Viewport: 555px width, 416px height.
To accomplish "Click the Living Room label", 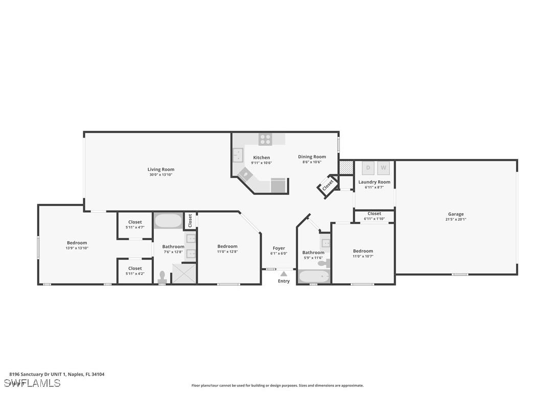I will [x=161, y=169].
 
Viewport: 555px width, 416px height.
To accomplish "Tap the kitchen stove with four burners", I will [x=265, y=138].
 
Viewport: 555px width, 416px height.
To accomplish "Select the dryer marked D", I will [x=368, y=168].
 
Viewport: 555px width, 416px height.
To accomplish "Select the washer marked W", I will [x=384, y=168].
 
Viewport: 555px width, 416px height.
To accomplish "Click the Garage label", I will [x=456, y=214].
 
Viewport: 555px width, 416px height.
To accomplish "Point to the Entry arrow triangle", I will [x=284, y=274].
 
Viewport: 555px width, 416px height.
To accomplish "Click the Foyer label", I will [x=279, y=248].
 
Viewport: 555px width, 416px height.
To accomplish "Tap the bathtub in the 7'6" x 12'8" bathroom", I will [x=168, y=221].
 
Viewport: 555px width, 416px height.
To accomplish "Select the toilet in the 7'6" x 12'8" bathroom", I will [x=163, y=276].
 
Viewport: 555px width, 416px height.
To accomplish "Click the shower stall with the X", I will [x=184, y=273].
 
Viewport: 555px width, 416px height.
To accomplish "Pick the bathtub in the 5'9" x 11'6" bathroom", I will [x=314, y=276].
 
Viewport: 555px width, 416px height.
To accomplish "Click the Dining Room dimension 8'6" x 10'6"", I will [x=312, y=163].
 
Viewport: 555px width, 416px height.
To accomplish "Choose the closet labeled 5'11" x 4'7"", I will [x=135, y=225].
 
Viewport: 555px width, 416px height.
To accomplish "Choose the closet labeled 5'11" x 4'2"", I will [x=135, y=271].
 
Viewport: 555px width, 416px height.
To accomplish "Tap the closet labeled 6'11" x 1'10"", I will [x=374, y=216].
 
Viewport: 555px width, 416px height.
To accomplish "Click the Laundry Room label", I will [x=374, y=182].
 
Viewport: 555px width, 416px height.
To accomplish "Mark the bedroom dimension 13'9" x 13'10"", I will [x=77, y=248].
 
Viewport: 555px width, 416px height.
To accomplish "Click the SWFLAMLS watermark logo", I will [x=32, y=383].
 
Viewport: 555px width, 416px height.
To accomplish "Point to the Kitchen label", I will [x=261, y=157].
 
